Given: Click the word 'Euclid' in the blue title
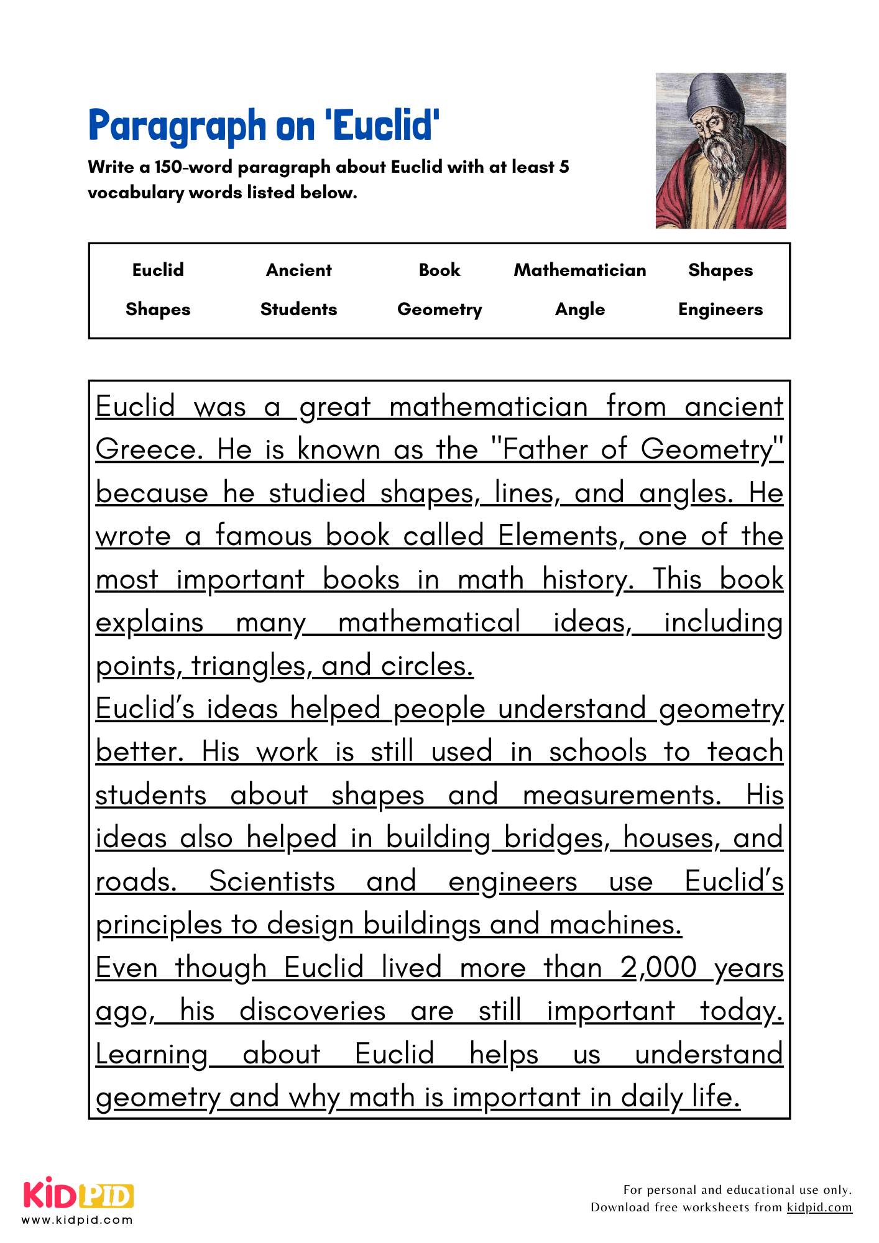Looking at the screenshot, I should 386,126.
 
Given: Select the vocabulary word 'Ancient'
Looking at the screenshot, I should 299,270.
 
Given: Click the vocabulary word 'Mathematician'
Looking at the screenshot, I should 580,270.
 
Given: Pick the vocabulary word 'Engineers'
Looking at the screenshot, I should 720,310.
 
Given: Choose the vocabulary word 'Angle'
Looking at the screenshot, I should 580,310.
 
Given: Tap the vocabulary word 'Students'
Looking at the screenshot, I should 299,310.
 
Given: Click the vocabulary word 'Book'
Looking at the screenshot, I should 439,270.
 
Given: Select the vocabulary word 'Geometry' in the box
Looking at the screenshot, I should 439,310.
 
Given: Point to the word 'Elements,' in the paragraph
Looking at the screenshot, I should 559,536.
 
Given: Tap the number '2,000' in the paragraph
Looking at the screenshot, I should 658,968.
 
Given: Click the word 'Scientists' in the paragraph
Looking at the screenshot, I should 272,881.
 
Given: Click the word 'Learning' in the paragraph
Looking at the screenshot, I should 152,1054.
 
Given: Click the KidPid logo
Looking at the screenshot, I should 78,1195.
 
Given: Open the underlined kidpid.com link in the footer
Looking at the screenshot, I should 819,1208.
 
